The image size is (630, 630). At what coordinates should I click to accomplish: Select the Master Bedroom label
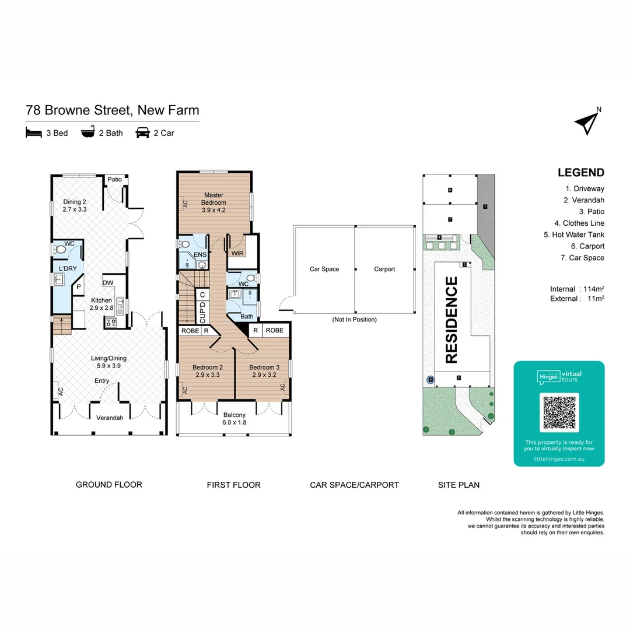click(214, 198)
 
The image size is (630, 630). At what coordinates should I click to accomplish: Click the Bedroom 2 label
click(207, 371)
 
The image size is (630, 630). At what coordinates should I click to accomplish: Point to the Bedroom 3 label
click(264, 371)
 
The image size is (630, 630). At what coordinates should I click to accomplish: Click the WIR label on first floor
click(237, 253)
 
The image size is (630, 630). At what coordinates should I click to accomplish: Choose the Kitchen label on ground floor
click(101, 304)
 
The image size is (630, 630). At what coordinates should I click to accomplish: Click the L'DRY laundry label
click(68, 268)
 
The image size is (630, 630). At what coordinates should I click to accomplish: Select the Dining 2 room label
click(75, 205)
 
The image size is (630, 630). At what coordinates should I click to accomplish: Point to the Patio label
click(114, 179)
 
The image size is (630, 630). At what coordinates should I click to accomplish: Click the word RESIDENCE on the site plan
click(452, 320)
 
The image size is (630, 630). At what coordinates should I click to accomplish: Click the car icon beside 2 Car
click(142, 133)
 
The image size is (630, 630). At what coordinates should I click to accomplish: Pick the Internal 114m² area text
click(576, 289)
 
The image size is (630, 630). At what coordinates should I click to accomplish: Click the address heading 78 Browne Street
click(113, 110)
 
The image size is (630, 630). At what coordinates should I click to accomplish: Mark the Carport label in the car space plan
click(384, 269)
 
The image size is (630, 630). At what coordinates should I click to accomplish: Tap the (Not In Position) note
click(354, 320)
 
